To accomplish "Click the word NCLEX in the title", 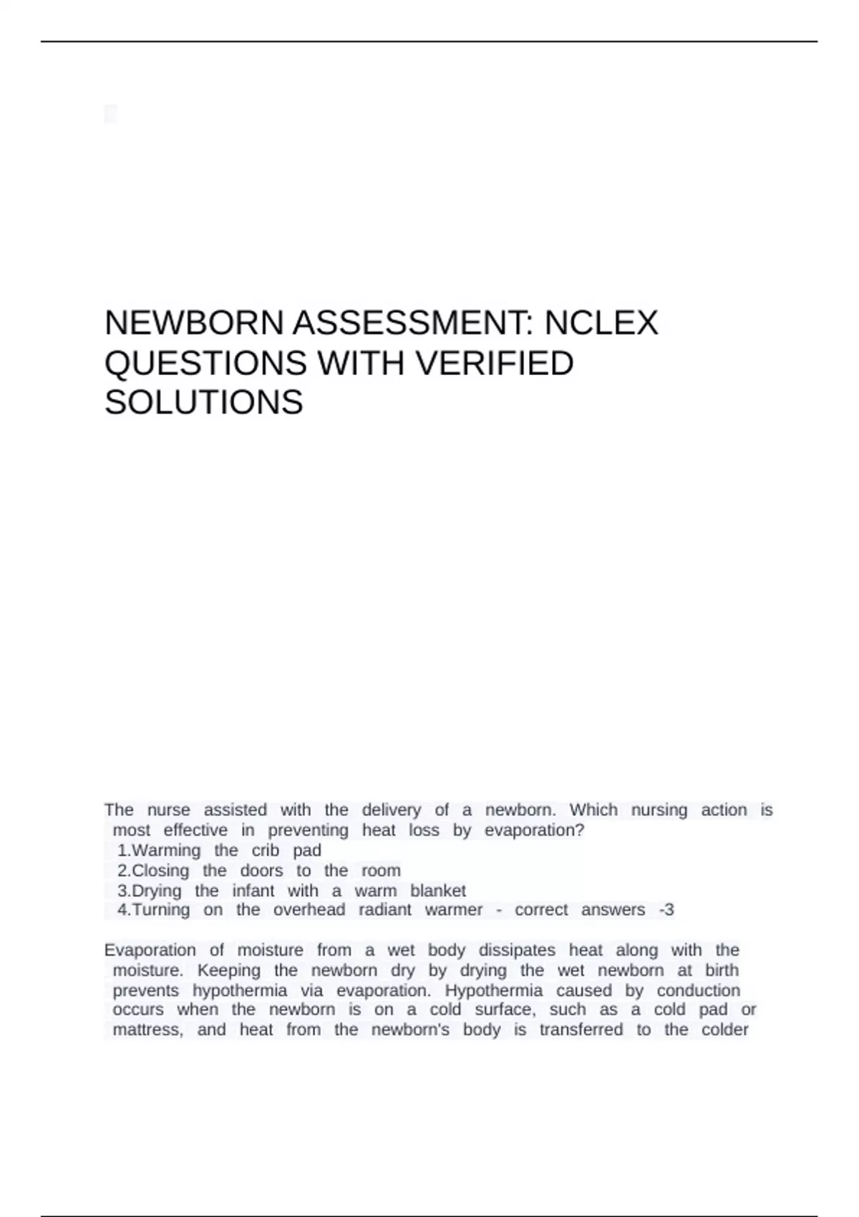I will point(601,323).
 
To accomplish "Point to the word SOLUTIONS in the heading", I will point(204,402).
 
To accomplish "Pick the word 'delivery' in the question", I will point(391,810).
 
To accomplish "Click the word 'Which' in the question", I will point(593,810).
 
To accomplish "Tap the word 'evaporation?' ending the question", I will point(534,830).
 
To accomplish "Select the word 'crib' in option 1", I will point(265,850).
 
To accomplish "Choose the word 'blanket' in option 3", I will point(438,891).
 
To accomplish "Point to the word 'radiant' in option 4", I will point(384,910).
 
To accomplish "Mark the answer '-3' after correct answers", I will point(666,910).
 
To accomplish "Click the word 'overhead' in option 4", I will point(309,910).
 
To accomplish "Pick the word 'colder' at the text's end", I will point(724,1030).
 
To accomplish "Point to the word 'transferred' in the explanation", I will point(581,1030).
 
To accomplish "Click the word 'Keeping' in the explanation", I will point(229,971).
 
